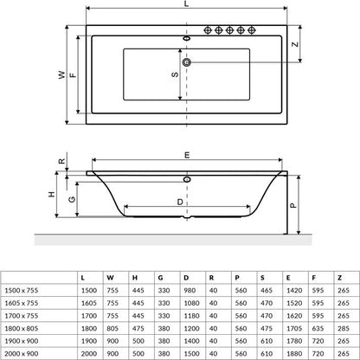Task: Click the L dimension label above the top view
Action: coord(187,3)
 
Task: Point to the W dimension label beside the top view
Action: coord(61,74)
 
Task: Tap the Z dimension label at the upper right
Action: coord(295,44)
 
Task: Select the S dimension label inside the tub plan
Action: coord(175,74)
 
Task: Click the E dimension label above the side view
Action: coord(187,156)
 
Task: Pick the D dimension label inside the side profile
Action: coord(180,202)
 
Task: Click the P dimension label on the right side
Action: coord(292,205)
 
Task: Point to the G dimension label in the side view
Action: coord(72,199)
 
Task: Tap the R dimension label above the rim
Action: coord(62,161)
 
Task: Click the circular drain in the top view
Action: coord(187,62)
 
